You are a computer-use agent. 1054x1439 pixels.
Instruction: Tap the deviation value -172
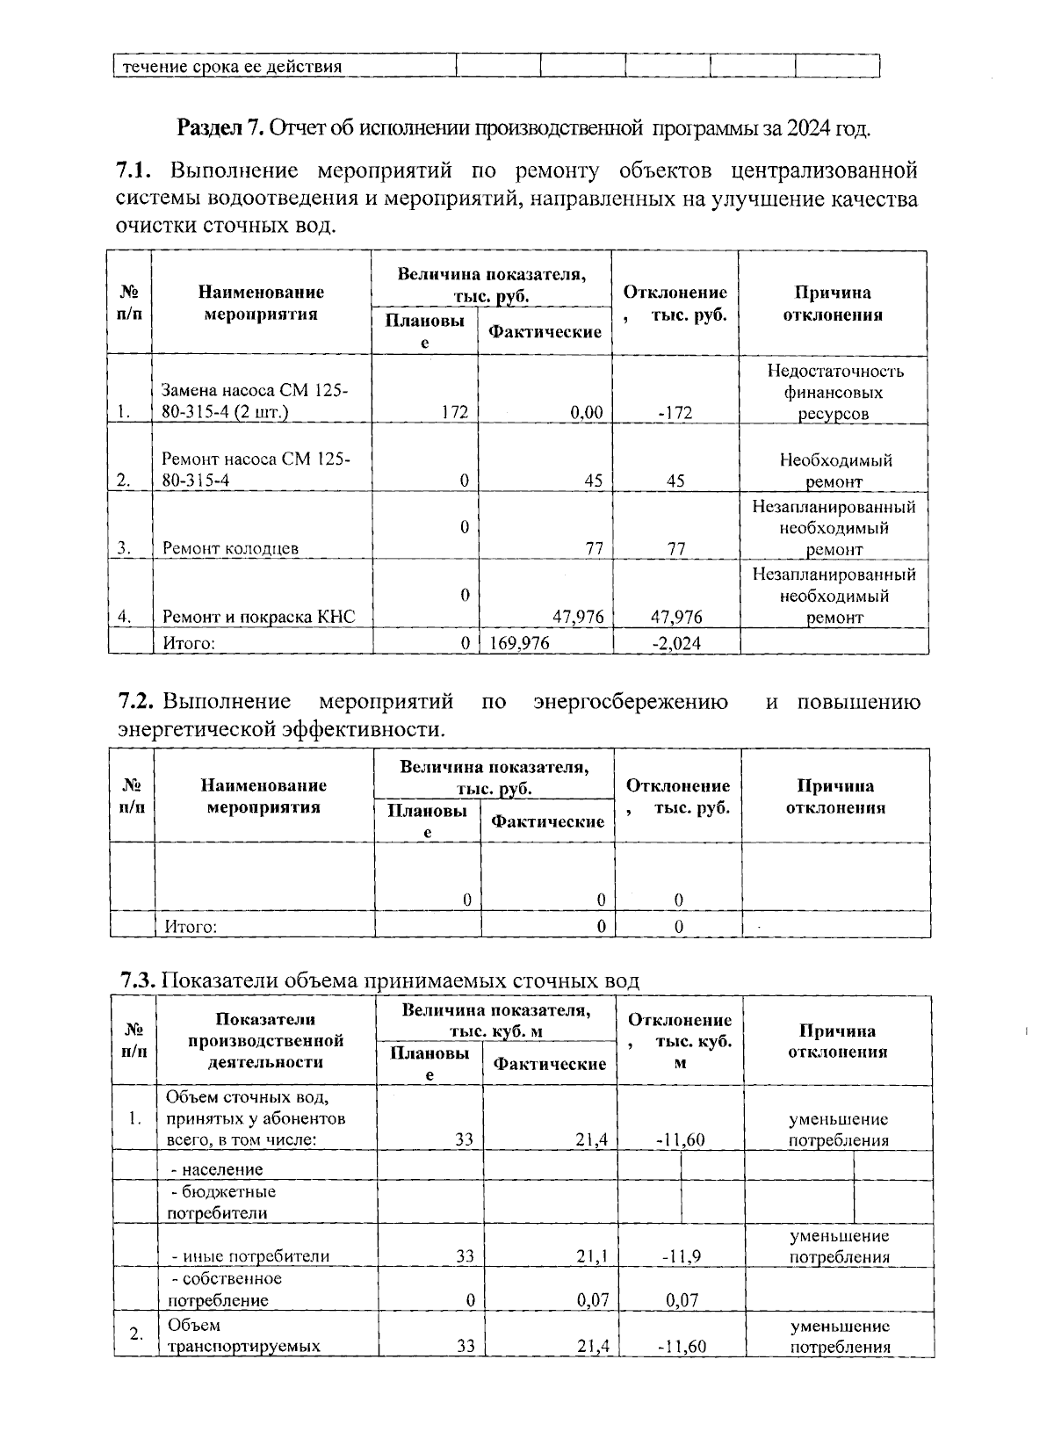(674, 412)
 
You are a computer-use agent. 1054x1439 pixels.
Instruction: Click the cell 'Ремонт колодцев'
(230, 548)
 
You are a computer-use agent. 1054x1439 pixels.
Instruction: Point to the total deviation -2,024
(676, 643)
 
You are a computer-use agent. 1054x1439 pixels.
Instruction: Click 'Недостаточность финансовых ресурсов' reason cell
(834, 392)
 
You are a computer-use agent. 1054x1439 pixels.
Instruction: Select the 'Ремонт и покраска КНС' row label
(258, 617)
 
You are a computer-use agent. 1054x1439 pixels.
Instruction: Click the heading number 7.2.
(137, 702)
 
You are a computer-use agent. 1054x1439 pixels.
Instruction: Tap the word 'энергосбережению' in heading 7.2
(630, 702)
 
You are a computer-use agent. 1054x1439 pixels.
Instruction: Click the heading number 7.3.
(139, 980)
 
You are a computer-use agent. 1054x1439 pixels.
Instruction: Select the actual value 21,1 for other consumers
(592, 1256)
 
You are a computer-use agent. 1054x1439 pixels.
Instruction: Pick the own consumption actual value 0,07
(593, 1300)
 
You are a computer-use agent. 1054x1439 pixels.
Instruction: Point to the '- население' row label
(217, 1169)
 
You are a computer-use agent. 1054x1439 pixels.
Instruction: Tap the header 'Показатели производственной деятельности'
(265, 1040)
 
